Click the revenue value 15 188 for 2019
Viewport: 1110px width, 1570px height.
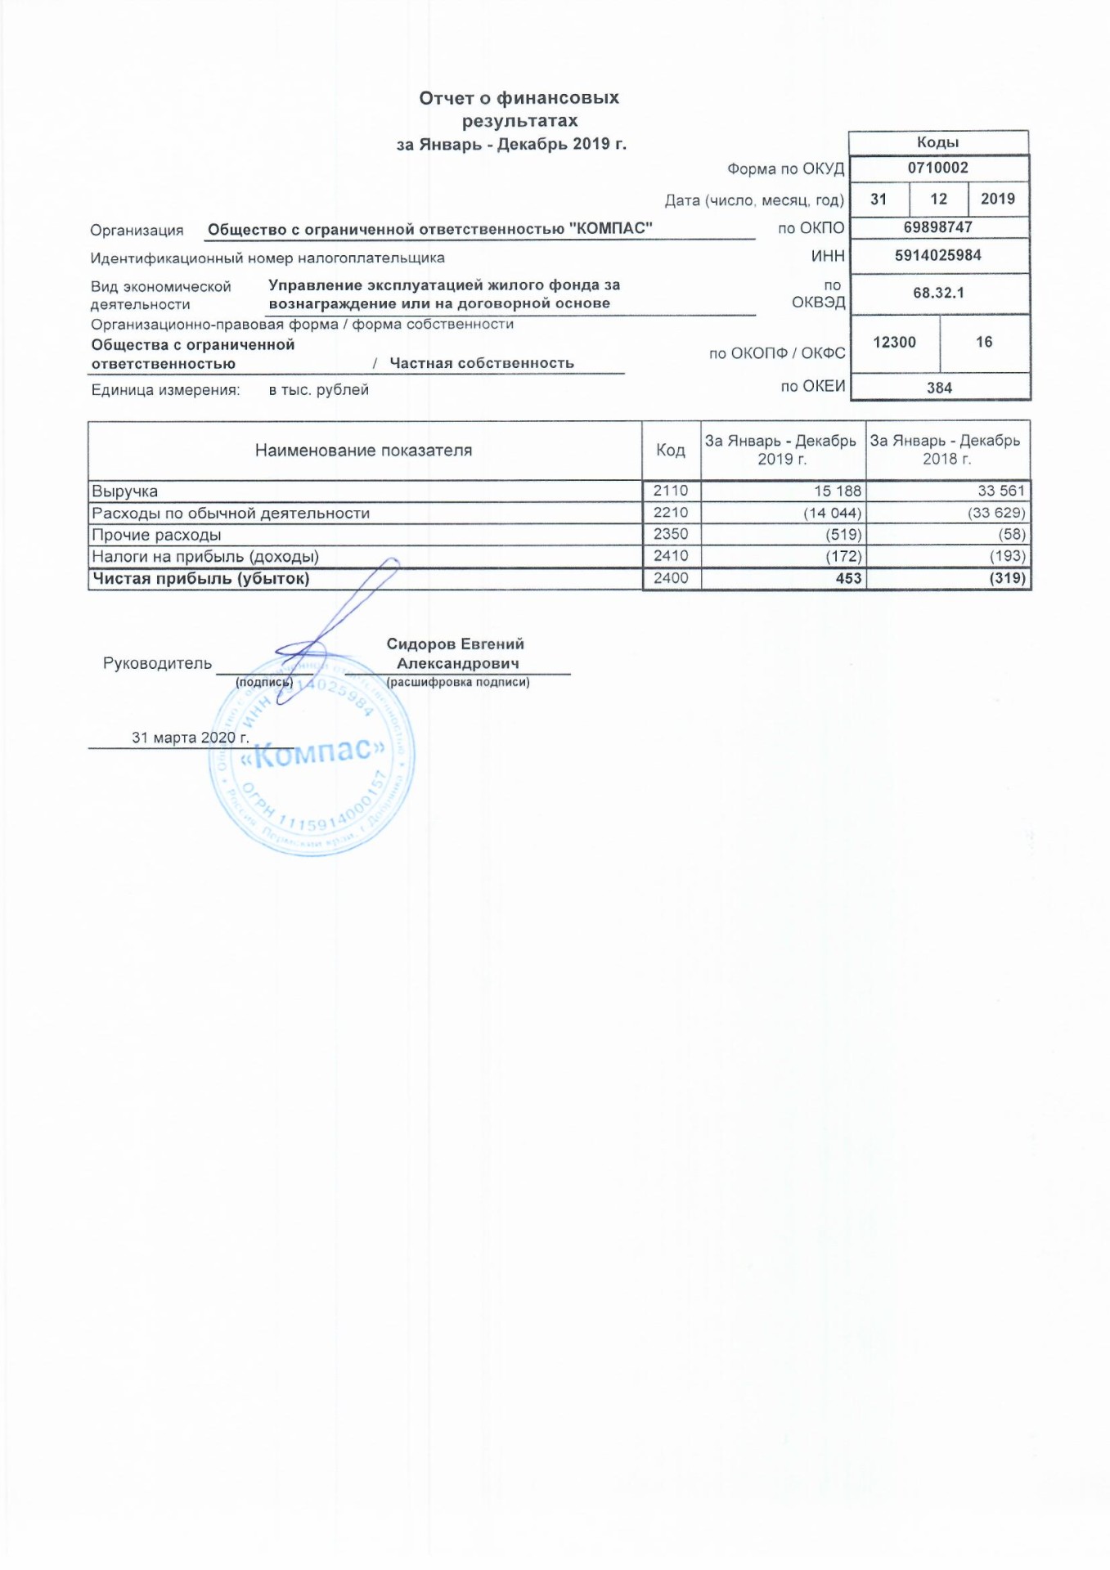[x=837, y=491]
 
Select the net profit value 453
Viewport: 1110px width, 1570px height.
[x=848, y=578]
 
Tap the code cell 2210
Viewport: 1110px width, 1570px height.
[x=671, y=513]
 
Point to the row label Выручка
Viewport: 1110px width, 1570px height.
[x=125, y=491]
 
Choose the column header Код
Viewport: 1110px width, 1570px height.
[x=671, y=450]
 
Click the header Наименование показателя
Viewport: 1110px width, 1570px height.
[x=363, y=450]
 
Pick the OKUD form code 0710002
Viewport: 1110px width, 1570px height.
[x=937, y=168]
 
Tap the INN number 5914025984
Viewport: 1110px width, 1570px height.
[x=937, y=255]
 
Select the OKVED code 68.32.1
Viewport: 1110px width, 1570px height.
[x=938, y=293]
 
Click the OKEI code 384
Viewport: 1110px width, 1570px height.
[x=939, y=388]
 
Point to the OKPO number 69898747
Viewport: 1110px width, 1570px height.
[x=937, y=227]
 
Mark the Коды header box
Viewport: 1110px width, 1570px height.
[x=937, y=142]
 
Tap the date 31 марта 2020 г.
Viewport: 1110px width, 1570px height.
[x=190, y=738]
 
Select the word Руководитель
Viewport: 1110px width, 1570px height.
[x=157, y=663]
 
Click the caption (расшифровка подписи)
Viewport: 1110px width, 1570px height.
[x=458, y=682]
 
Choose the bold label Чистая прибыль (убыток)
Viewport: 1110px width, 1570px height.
[x=200, y=579]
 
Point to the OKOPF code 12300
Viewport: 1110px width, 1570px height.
[x=894, y=343]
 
